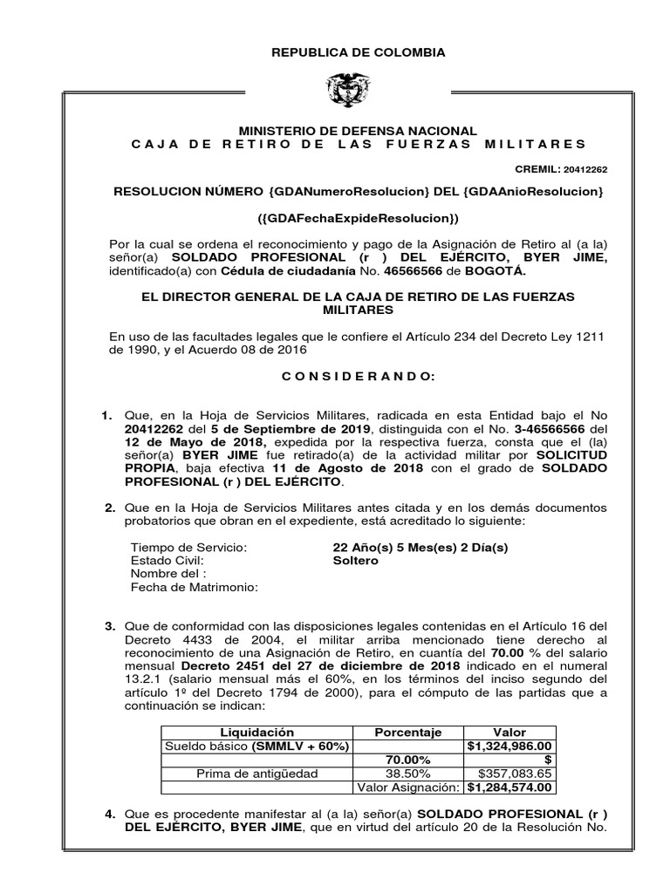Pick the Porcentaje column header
pos(408,733)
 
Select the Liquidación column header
pos(257,733)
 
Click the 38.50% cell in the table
pos(408,774)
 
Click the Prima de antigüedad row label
pos(257,774)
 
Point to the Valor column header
pos(510,733)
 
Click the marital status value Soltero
pos(356,561)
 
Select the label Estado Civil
pos(167,561)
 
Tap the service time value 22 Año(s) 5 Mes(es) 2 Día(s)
pos(420,547)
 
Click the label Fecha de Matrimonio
pos(194,588)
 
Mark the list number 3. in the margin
pos(110,626)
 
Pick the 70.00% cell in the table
pos(408,760)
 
